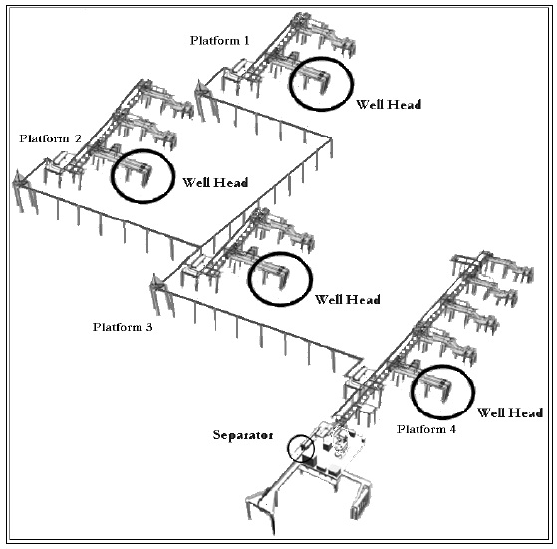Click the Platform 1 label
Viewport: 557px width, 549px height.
coord(220,39)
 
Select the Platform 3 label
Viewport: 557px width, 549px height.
coord(123,326)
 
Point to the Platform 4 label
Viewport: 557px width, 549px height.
coord(427,428)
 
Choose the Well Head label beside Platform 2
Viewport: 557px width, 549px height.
coord(215,183)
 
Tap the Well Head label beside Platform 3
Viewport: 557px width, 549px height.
coord(347,298)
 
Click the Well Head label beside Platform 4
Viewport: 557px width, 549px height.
coord(510,412)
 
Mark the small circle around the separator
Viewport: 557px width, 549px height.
coord(300,449)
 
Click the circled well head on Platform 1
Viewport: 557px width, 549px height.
coord(319,84)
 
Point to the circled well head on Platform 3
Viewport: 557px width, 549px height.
coord(280,278)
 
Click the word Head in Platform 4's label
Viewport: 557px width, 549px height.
coord(525,412)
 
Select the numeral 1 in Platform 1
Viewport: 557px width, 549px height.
coord(246,39)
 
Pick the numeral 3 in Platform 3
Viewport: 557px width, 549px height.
coord(149,326)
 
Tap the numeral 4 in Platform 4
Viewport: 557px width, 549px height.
coord(454,428)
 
